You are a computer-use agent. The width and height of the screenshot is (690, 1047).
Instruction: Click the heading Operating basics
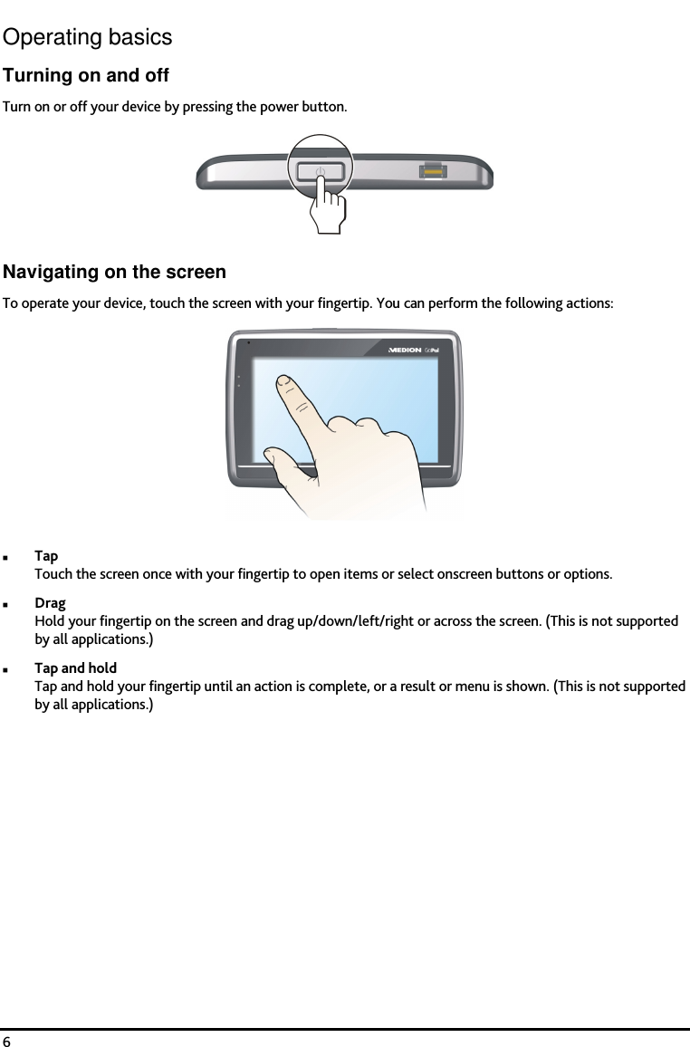[x=87, y=37]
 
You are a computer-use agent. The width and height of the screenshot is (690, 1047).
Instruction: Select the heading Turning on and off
[x=86, y=75]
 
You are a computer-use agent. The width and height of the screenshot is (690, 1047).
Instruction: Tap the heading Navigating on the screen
[x=115, y=273]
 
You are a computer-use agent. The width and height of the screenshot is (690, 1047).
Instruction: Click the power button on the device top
[x=321, y=171]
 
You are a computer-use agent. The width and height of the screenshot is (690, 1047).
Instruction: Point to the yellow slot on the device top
[x=432, y=171]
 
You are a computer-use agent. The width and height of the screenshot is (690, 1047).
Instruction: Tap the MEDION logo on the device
[x=405, y=351]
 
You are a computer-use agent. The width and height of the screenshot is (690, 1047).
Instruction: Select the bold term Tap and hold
[x=75, y=668]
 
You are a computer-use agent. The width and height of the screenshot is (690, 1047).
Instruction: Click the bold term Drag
[x=50, y=602]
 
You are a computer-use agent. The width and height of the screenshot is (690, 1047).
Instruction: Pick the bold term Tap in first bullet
[x=46, y=555]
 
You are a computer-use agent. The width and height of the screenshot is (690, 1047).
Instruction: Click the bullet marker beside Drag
[x=6, y=603]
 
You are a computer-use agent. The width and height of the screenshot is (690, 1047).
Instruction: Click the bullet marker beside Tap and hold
[x=6, y=668]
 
